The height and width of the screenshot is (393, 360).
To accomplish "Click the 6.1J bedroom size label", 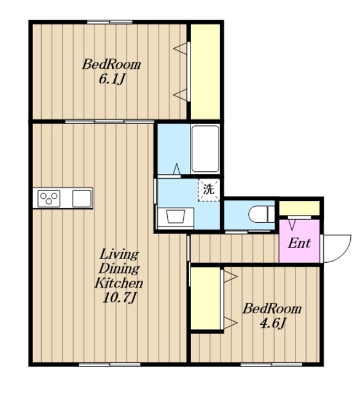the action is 112,79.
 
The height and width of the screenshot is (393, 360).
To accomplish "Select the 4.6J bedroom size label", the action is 273,324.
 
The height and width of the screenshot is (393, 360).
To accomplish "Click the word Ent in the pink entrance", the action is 299,243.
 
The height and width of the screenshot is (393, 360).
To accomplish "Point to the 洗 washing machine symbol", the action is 209,190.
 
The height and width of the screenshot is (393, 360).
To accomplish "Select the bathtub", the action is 205,149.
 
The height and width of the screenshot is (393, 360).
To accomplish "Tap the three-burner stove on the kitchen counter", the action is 49,198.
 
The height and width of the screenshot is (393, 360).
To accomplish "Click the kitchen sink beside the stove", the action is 82,198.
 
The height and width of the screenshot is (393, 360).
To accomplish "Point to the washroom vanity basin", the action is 176,217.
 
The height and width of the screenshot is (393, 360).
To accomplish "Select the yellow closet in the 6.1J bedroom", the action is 205,72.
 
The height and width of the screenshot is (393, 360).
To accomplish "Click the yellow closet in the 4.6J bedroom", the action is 206,298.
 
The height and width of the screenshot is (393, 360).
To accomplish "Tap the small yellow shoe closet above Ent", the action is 299,208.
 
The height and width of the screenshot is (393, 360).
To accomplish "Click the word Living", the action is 119,254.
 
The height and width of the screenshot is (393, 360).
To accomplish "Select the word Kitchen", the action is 119,282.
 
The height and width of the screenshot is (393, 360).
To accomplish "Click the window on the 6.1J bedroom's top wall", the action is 110,22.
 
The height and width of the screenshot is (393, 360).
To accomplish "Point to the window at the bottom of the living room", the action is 109,364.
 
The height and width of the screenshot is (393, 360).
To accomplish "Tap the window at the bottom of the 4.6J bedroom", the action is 272,364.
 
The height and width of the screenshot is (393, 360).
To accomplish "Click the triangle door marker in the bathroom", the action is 177,169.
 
